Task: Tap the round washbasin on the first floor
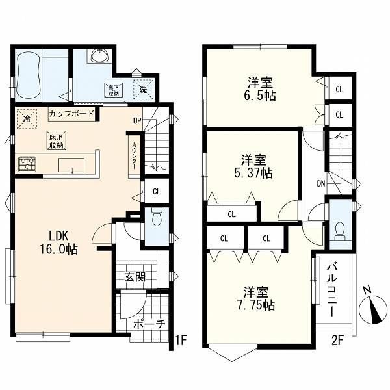(x=99, y=56)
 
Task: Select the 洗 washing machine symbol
(x=143, y=89)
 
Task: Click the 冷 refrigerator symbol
(x=27, y=119)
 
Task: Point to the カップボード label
(x=71, y=114)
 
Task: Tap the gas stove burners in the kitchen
(x=27, y=164)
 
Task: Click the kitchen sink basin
(x=71, y=165)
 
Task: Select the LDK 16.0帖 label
(x=59, y=242)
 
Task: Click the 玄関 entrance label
(x=135, y=277)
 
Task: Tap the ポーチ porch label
(x=149, y=324)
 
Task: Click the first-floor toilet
(x=157, y=217)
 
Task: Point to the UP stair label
(x=137, y=121)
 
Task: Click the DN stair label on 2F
(x=321, y=184)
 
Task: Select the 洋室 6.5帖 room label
(x=259, y=89)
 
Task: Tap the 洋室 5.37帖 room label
(x=253, y=166)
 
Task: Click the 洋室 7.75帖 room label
(x=255, y=298)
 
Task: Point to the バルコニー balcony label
(x=332, y=291)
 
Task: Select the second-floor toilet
(x=340, y=232)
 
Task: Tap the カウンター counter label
(x=135, y=156)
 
